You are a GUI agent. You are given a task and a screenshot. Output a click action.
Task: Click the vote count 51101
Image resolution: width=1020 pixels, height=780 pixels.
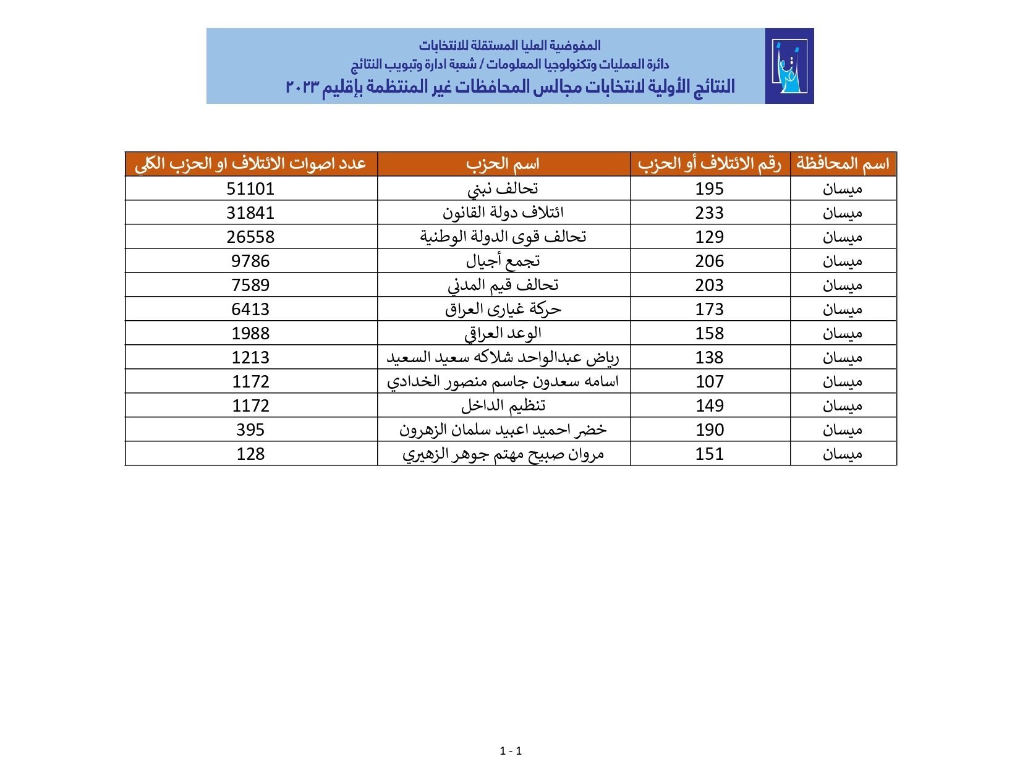[x=250, y=189]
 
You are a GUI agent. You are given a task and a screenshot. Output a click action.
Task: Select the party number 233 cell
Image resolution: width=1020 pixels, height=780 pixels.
[x=709, y=213]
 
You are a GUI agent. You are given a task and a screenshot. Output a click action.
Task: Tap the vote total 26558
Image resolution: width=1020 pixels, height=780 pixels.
[x=250, y=237]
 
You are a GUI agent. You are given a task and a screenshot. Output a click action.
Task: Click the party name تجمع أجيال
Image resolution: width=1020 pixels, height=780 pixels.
[x=503, y=261]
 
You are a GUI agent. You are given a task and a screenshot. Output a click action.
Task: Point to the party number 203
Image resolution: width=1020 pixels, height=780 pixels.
[x=709, y=285]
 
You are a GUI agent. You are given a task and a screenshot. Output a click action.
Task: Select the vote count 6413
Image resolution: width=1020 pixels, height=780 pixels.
[x=250, y=309]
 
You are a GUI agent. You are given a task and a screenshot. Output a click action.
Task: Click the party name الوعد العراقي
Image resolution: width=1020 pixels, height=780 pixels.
[x=503, y=333]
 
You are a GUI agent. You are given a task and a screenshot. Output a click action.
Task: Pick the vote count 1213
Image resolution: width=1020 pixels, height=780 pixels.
[x=250, y=357]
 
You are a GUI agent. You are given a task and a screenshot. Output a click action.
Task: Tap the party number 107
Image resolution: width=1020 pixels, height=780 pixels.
[x=709, y=381]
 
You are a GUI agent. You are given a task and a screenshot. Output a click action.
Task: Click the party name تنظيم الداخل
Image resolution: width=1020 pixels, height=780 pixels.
[x=503, y=405]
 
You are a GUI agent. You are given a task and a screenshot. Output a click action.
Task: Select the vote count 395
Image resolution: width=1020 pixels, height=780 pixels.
[x=250, y=430]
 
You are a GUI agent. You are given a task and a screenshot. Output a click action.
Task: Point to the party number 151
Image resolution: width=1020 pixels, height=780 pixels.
[x=709, y=454]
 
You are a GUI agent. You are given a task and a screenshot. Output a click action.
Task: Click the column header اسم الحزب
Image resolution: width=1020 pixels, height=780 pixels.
[x=503, y=164]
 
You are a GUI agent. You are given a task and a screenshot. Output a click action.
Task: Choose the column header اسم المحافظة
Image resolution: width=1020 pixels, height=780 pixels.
[x=843, y=164]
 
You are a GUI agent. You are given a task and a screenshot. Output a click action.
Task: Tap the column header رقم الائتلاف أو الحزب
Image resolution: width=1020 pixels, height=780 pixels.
[x=709, y=164]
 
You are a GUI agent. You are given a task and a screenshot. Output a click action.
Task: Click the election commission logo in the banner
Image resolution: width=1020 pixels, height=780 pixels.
[x=789, y=66]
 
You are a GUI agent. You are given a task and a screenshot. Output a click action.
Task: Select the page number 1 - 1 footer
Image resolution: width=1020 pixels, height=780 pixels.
[x=511, y=751]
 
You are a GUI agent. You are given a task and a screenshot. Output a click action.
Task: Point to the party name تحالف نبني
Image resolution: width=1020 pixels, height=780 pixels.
[x=503, y=189]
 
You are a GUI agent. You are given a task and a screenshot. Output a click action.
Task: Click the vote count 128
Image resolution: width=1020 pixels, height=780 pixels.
[x=250, y=454]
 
